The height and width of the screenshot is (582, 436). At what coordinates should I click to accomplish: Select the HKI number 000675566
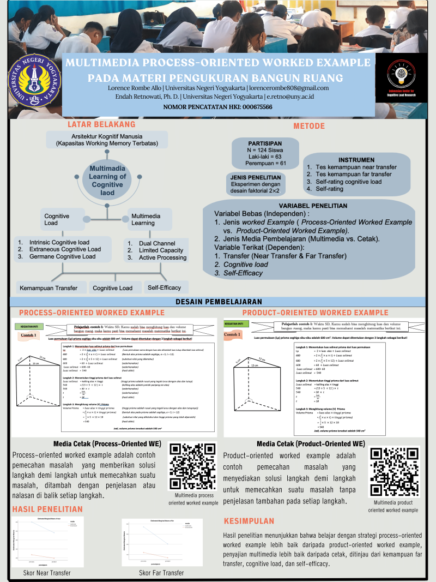252,107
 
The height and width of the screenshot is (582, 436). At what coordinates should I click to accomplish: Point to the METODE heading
309,126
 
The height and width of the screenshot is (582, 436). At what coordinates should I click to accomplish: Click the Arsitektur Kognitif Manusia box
107,140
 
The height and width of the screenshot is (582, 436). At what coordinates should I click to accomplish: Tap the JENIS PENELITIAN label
256,177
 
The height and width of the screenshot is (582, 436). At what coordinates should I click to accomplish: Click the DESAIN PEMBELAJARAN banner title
219,302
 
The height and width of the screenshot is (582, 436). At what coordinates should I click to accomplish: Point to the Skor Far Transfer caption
161,573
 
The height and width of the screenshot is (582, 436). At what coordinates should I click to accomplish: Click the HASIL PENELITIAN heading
47,509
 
